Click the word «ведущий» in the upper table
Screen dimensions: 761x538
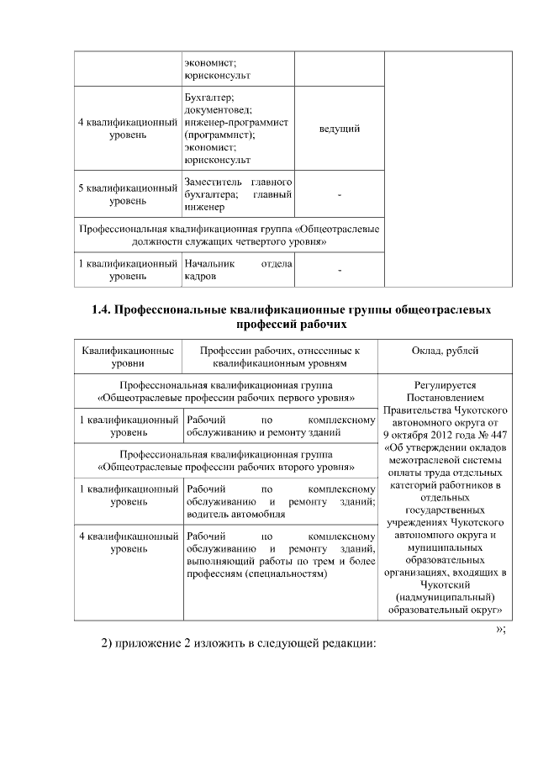340,129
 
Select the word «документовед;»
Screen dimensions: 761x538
217,110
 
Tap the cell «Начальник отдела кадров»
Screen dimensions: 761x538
238,270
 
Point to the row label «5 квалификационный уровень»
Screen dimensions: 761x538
126,195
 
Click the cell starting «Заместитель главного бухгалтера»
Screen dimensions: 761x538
238,195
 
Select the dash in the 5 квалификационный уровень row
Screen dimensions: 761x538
340,196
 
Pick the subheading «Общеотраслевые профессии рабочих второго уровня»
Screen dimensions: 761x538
225,465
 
